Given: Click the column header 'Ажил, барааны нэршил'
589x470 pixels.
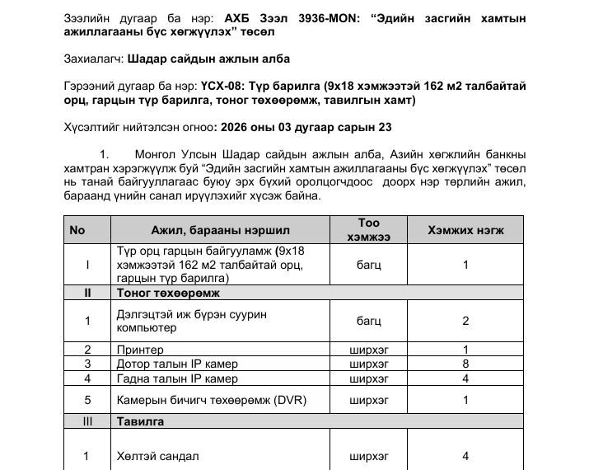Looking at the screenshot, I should (220, 230).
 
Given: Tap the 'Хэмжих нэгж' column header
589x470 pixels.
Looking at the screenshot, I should (465, 230).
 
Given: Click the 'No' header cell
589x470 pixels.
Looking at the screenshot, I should (77, 230).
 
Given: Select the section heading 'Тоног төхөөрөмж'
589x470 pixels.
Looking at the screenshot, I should (161, 293).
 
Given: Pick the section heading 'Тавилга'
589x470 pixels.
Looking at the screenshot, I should (140, 421).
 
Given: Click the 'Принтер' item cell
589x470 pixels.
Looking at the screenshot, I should (141, 350).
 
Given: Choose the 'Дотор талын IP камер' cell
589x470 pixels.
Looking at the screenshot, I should (177, 364).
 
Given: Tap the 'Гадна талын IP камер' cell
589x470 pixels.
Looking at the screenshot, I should (177, 378).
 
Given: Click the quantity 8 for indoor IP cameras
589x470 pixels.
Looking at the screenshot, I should (465, 364).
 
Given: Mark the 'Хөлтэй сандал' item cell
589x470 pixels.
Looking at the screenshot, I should (157, 456).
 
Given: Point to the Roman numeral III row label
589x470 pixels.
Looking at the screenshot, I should (87, 421).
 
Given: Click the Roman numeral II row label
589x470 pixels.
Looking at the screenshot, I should (87, 293).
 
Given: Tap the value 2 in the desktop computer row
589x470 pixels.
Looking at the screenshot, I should (465, 321).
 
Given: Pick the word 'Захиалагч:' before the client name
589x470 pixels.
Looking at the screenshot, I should (94, 59).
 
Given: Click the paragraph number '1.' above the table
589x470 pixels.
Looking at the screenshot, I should (104, 154).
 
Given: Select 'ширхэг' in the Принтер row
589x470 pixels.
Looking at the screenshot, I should (369, 350).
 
